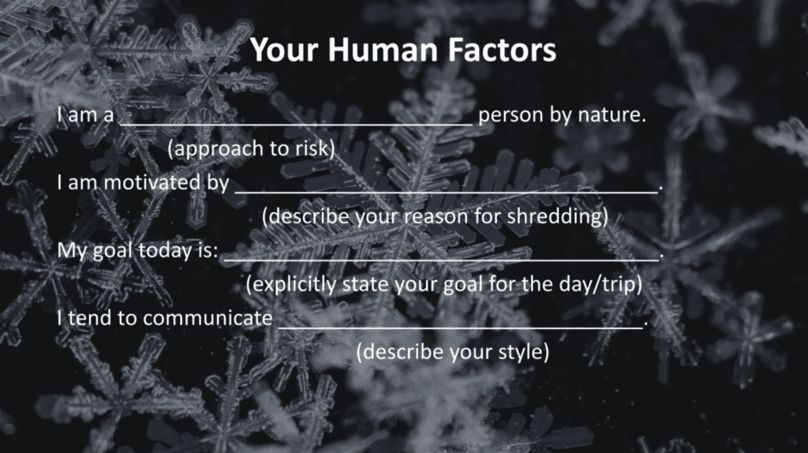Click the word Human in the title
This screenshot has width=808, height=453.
[383, 50]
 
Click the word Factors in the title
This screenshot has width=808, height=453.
[502, 50]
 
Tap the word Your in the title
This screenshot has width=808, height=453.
[285, 50]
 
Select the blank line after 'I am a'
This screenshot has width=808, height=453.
[297, 125]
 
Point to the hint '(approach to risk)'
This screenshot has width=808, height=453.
[251, 149]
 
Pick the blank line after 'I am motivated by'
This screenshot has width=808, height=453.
[447, 193]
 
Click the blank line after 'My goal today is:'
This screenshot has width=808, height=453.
[441, 260]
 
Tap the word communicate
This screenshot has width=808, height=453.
[208, 318]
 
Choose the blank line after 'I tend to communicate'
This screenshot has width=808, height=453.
[461, 328]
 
